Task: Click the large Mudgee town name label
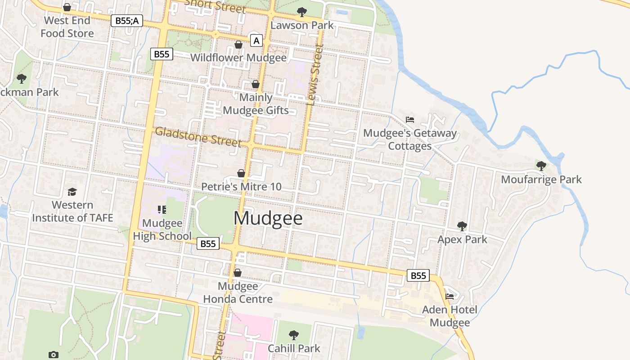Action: pyautogui.click(x=268, y=218)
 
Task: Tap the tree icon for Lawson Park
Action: pyautogui.click(x=302, y=12)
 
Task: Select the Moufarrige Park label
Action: pyautogui.click(x=541, y=180)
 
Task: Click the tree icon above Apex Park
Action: pyautogui.click(x=462, y=226)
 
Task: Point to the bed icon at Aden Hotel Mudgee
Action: pyautogui.click(x=449, y=296)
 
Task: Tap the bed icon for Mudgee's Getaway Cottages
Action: pyautogui.click(x=409, y=120)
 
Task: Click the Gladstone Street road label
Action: pyautogui.click(x=198, y=136)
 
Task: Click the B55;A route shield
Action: pyautogui.click(x=127, y=20)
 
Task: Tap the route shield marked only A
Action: pyautogui.click(x=256, y=41)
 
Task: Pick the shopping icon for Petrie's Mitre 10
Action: pyautogui.click(x=241, y=173)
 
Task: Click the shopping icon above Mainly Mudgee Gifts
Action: pyautogui.click(x=256, y=84)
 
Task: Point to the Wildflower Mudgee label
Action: pyautogui.click(x=238, y=58)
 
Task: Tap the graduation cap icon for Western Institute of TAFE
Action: pyautogui.click(x=72, y=192)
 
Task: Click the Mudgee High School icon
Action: pyautogui.click(x=162, y=209)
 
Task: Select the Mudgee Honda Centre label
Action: pyautogui.click(x=238, y=292)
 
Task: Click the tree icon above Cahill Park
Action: pyautogui.click(x=294, y=335)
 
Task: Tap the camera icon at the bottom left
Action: pyautogui.click(x=54, y=355)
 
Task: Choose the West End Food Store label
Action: pyautogui.click(x=67, y=27)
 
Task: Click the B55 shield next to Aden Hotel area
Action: pyautogui.click(x=418, y=275)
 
